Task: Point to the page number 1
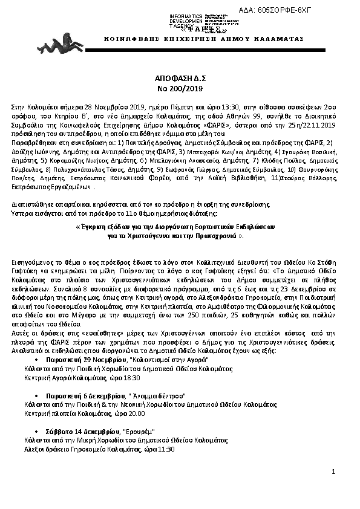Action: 333,470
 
